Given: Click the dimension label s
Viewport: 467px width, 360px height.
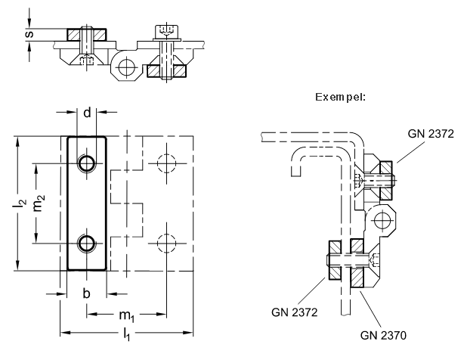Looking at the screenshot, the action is (29, 34).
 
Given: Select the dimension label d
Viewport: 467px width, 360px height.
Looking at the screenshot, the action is (87, 113).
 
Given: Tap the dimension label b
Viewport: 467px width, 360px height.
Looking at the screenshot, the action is (86, 293).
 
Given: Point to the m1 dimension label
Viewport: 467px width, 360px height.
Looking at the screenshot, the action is (127, 316).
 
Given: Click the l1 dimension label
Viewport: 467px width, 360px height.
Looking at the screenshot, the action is (127, 334).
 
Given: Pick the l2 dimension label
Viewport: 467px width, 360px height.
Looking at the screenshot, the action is (20, 203).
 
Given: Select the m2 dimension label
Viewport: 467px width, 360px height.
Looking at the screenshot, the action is (39, 203).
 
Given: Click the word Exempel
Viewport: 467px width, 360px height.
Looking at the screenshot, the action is (340, 97).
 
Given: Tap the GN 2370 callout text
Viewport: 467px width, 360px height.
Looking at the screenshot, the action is (383, 336).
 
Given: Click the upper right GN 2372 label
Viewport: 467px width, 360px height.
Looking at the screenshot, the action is (431, 134).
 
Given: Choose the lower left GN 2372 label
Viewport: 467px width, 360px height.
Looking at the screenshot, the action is (294, 312).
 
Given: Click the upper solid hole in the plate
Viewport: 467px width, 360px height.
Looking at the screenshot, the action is (87, 163).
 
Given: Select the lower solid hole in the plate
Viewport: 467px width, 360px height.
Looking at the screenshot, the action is (87, 244).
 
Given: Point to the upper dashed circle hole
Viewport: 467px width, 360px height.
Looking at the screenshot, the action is (166, 163).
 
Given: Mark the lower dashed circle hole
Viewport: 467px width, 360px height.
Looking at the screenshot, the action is (166, 244).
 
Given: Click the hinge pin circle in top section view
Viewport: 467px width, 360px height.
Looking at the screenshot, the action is (126, 67).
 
